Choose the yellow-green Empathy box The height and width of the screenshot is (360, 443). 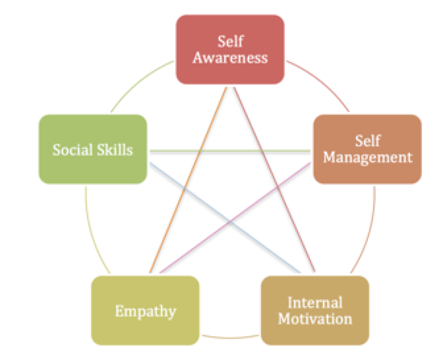pos(145,309)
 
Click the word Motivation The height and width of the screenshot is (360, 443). pos(314,319)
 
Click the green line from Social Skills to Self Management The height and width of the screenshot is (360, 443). pos(231,151)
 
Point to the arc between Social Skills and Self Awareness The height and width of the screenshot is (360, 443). pos(135,86)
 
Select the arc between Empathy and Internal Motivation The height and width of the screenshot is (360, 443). pos(231,338)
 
